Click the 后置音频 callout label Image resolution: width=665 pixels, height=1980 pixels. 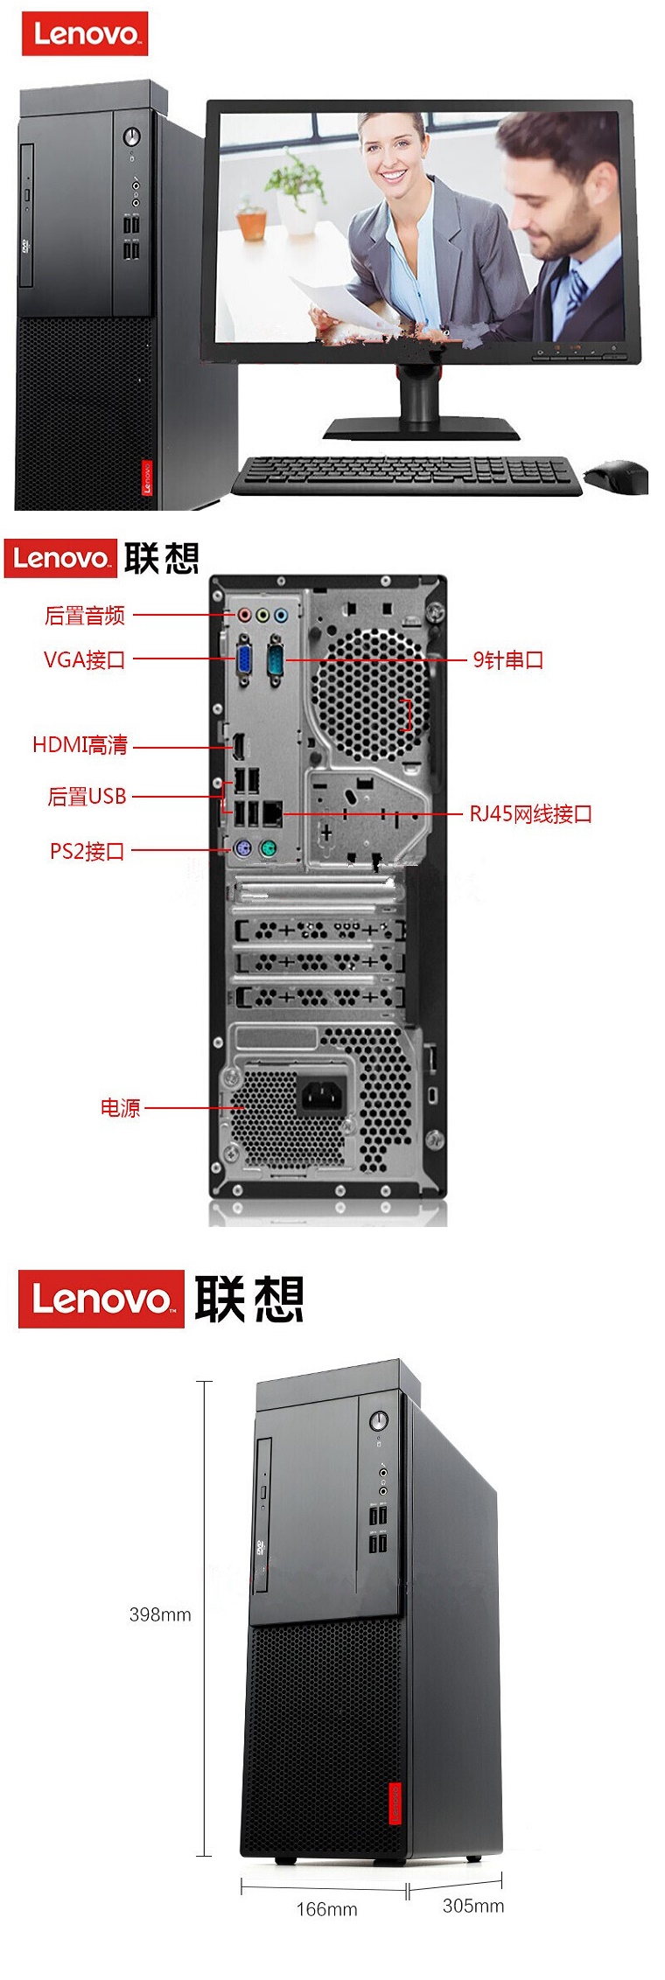(x=85, y=616)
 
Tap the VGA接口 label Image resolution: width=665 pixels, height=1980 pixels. (x=85, y=659)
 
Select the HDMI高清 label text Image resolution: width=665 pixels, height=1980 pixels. (x=80, y=745)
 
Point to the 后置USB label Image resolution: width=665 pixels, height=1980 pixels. (x=87, y=797)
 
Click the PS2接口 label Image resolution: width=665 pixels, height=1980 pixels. (x=87, y=851)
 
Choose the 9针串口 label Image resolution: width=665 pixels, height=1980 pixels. (x=508, y=660)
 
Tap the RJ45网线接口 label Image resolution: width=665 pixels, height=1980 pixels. (x=530, y=814)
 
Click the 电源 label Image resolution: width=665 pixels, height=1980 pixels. (x=120, y=1108)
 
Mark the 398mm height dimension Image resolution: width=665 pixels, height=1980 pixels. (x=160, y=1614)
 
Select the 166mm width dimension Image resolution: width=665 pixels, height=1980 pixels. (x=326, y=1909)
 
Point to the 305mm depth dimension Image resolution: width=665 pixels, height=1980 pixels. (x=473, y=1906)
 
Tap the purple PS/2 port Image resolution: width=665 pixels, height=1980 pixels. (x=244, y=848)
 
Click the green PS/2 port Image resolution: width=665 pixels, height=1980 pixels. (x=269, y=848)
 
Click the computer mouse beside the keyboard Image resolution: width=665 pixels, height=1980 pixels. (x=616, y=477)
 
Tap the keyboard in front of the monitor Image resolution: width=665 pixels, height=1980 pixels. (x=407, y=474)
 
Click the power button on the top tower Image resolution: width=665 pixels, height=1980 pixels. (x=132, y=137)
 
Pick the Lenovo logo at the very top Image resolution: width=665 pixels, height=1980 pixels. (x=85, y=34)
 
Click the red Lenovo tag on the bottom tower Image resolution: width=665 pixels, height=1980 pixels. (x=395, y=1803)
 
